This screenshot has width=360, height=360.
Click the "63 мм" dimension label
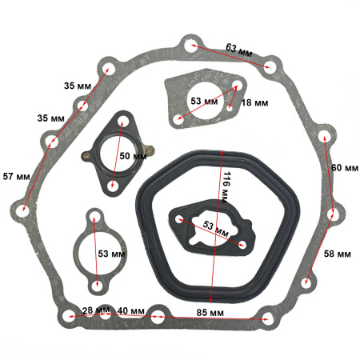(239, 50)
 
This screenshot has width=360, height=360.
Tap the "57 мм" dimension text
(16, 176)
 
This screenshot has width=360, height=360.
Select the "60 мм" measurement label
(345, 168)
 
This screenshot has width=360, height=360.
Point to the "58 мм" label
(338, 254)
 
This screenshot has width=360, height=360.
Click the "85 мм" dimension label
(210, 313)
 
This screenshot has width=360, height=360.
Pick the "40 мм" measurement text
(131, 310)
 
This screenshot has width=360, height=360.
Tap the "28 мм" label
(96, 310)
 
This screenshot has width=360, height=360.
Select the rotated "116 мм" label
(227, 187)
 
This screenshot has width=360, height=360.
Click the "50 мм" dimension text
(133, 156)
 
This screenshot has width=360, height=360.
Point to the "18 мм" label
(254, 102)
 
